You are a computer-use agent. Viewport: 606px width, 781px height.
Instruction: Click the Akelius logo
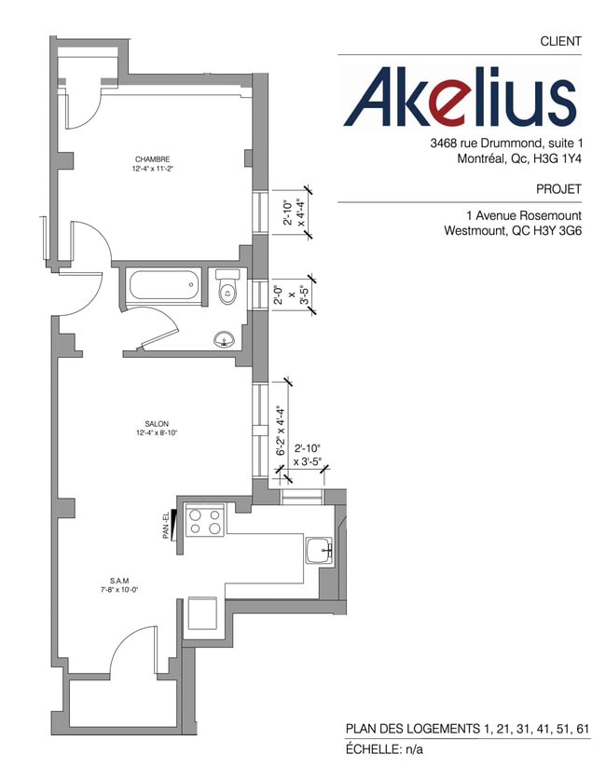pyautogui.click(x=460, y=96)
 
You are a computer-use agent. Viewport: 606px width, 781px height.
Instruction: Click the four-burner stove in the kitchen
pyautogui.click(x=205, y=519)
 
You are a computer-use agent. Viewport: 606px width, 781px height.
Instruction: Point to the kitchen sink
pyautogui.click(x=319, y=550)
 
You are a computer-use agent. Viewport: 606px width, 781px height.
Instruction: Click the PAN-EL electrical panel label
pyautogui.click(x=166, y=528)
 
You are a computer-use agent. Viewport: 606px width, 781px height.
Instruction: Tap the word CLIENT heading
pyautogui.click(x=560, y=41)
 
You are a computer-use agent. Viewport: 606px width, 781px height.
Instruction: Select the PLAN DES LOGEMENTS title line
pyautogui.click(x=467, y=728)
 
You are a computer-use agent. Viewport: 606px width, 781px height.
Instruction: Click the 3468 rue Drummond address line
pyautogui.click(x=506, y=144)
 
